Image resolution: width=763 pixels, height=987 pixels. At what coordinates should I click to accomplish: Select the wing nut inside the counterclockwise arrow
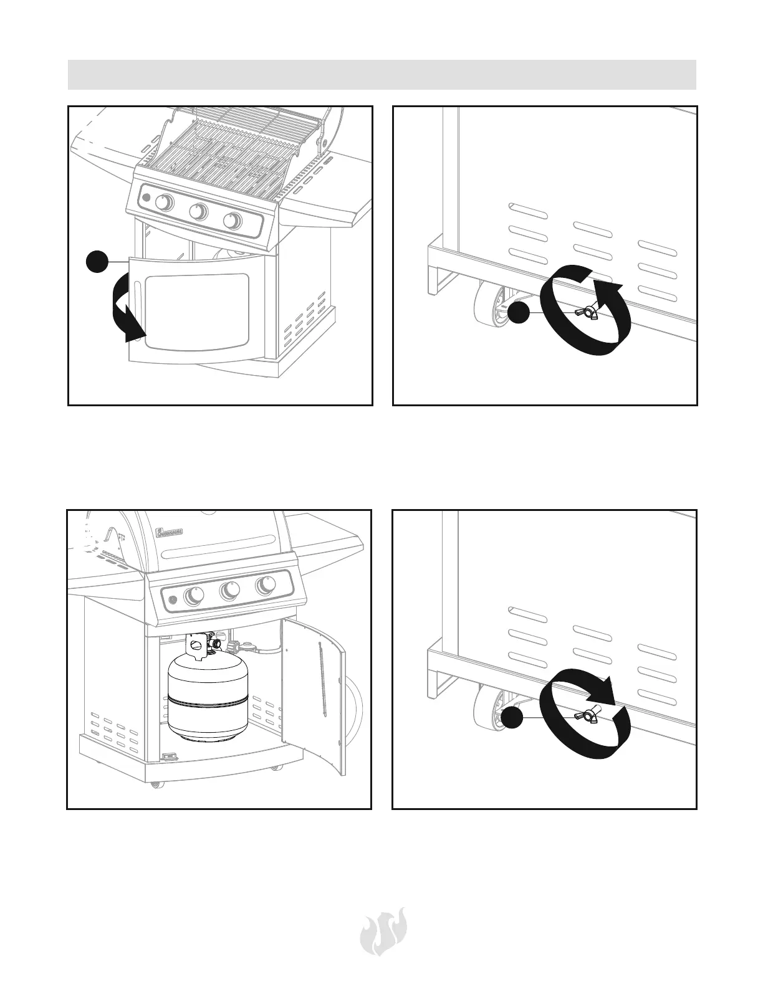click(x=588, y=312)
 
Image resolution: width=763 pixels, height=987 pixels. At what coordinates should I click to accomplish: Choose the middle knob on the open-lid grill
click(x=199, y=212)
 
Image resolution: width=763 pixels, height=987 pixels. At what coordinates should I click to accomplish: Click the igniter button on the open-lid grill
click(x=146, y=198)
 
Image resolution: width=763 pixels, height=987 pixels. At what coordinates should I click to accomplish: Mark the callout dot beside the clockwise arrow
click(x=514, y=718)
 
